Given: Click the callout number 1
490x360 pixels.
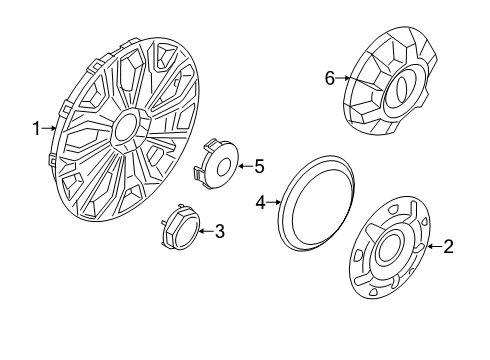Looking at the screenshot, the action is (36, 128).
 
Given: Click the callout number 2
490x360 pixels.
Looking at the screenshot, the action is (449, 245).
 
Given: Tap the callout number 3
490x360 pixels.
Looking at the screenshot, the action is (220, 232).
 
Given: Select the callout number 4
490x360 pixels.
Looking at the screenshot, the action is (261, 203).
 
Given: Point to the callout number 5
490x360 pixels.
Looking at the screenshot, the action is (258, 166).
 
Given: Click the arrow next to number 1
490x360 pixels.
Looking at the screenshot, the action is (50, 128).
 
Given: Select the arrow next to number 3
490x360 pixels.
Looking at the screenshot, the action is (204, 232).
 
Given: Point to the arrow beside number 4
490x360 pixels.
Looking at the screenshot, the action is (275, 203).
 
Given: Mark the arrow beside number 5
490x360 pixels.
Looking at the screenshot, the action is (242, 166).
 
